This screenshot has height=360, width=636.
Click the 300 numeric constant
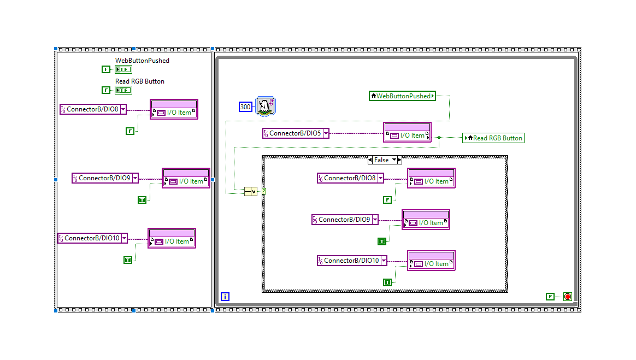[x=245, y=107]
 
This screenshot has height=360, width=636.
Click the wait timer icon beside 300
[x=266, y=106]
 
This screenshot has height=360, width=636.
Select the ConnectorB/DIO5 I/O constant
[x=296, y=133]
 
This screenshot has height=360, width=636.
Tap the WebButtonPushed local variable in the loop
[x=403, y=96]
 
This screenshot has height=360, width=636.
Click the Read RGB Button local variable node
[x=493, y=138]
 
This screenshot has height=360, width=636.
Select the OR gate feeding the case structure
[x=250, y=191]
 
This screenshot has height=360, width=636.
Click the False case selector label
[x=381, y=160]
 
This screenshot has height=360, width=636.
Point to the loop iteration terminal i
[x=225, y=297]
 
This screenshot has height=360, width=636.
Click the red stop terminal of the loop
[x=567, y=297]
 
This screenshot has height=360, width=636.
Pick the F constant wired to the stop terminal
[x=550, y=297]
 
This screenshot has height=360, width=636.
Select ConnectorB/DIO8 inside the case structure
[x=350, y=178]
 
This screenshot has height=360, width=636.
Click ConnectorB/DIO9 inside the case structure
[x=345, y=220]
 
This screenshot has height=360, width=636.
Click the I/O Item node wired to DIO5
[x=407, y=132]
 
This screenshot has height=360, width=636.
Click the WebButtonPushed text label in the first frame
[x=142, y=61]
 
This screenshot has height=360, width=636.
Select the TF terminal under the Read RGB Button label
[x=123, y=90]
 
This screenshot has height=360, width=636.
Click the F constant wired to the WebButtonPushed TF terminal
[x=106, y=69]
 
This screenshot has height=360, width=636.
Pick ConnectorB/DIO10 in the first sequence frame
[x=92, y=238]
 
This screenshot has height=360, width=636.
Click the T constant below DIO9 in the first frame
[x=142, y=200]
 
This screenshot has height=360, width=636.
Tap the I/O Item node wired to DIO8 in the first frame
[x=174, y=109]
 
